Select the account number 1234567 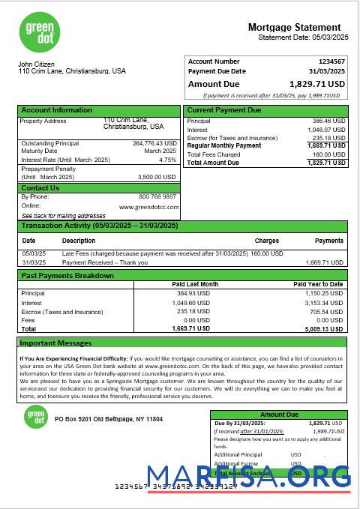[x=331, y=61]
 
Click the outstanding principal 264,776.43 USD [x=154, y=143]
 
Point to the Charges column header [x=266, y=241]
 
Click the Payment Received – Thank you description [x=105, y=263]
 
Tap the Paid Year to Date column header [x=318, y=284]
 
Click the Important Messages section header [x=55, y=343]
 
